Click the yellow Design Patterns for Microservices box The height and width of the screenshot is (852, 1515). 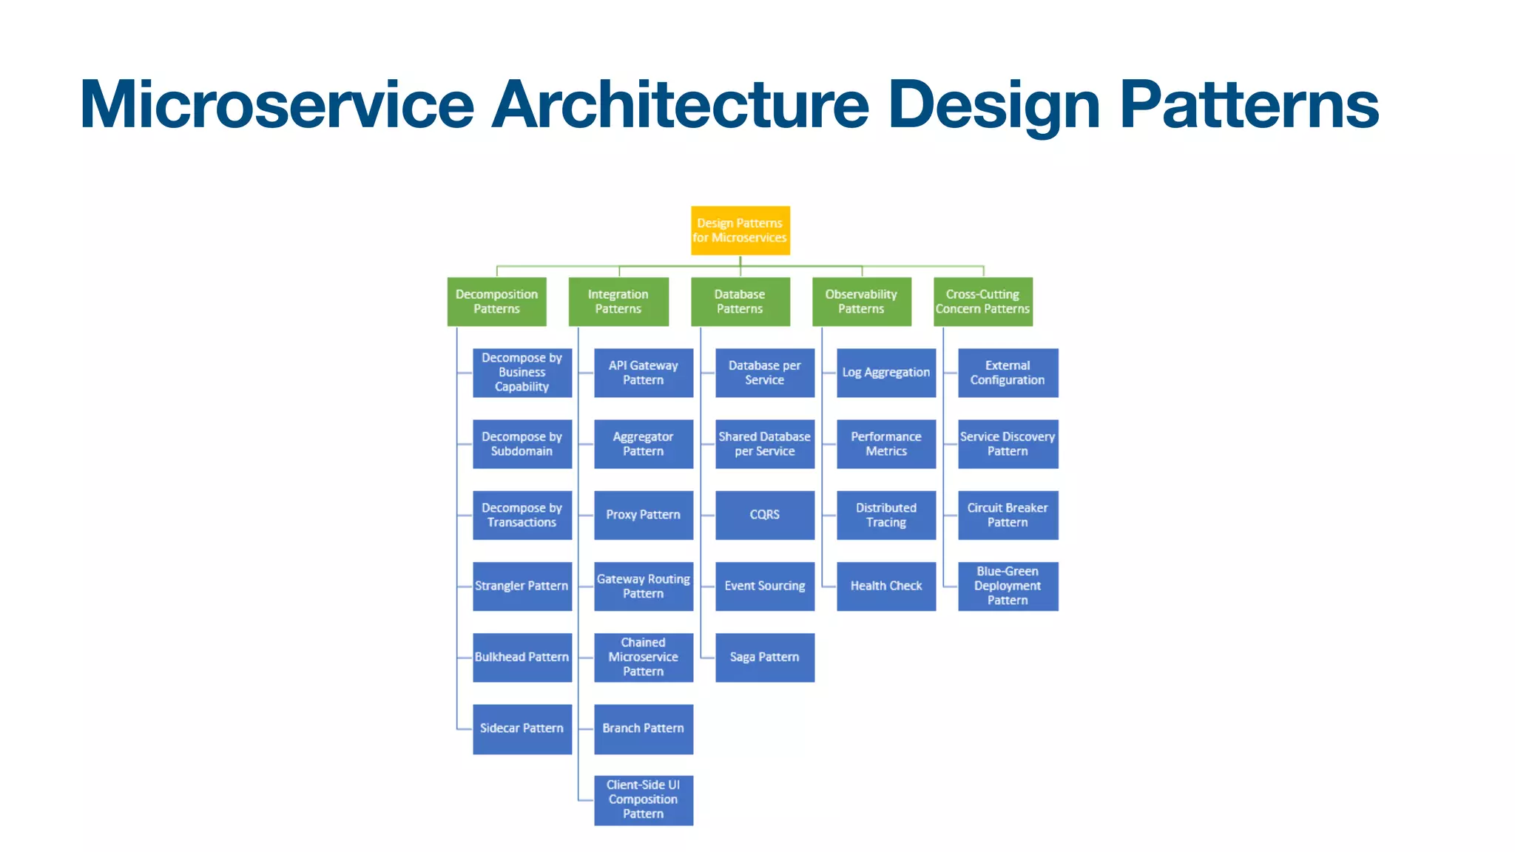[740, 230]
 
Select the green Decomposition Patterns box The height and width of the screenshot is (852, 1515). [496, 301]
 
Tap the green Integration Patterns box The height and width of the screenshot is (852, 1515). [618, 301]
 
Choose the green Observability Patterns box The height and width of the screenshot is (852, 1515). [861, 301]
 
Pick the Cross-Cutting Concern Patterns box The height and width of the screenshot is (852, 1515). [982, 301]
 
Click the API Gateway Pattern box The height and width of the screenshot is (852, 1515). [643, 373]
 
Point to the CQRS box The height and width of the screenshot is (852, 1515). [764, 515]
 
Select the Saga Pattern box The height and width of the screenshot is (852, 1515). [764, 657]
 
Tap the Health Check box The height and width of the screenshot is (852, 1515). [885, 586]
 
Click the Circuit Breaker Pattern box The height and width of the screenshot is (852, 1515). [1008, 515]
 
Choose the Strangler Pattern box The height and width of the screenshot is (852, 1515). [522, 586]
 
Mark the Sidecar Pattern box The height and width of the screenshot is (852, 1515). [522, 728]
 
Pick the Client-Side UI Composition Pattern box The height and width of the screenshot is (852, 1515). [643, 799]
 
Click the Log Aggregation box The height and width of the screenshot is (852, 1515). [885, 373]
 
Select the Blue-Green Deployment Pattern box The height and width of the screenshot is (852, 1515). [1008, 586]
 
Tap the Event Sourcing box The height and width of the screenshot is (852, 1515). [764, 586]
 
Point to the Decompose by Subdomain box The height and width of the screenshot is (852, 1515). [522, 444]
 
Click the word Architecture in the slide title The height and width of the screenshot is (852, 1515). [680, 104]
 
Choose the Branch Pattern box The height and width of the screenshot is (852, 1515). [643, 728]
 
